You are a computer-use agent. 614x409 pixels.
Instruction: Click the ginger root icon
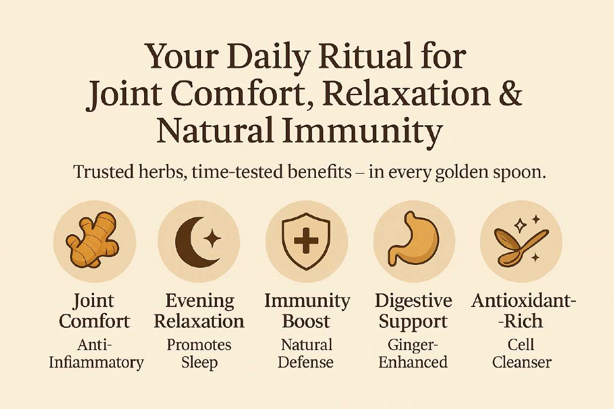pos(93,239)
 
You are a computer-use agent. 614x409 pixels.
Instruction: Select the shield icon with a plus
pos(306,241)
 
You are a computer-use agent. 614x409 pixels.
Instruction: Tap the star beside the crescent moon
pos(212,238)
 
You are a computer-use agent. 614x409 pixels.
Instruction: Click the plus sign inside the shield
pos(306,241)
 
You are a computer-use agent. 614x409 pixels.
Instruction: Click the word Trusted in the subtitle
pos(103,172)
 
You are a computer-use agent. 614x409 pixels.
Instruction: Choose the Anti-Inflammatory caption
pos(96,354)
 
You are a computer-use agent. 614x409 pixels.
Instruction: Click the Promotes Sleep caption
pos(199,354)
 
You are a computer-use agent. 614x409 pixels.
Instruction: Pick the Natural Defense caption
pos(306,354)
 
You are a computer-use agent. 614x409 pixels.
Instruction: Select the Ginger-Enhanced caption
pos(413,354)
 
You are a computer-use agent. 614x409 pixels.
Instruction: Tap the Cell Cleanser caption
pos(521,354)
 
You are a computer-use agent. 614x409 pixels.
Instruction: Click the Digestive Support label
pos(413,311)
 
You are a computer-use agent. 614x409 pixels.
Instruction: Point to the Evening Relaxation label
pos(199,311)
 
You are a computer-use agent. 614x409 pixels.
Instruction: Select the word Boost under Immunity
pos(306,321)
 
